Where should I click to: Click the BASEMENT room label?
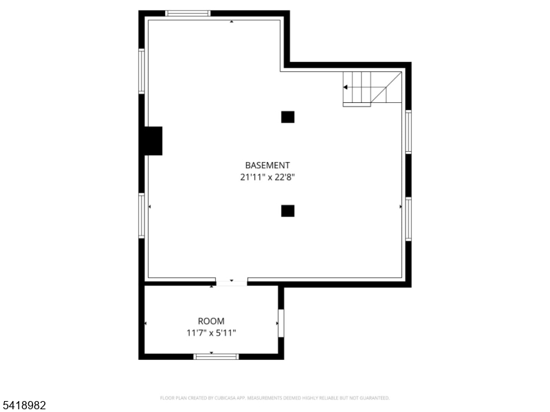pos(267,165)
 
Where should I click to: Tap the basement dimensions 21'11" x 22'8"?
pos(267,176)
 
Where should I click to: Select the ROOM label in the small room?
pos(211,321)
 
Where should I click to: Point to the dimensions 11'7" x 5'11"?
pos(211,332)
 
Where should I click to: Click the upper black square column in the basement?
pos(287,117)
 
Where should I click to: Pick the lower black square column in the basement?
pos(287,211)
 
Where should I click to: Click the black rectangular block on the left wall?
pos(152,141)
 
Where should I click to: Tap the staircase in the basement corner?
pos(372,89)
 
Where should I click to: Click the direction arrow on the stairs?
pos(346,87)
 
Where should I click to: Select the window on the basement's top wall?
pos(188,13)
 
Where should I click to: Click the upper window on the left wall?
pos(142,71)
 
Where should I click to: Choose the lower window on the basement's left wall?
pos(142,216)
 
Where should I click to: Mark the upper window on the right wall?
pos(408,132)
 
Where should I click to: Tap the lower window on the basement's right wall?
pos(408,219)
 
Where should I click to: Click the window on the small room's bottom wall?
pos(216,356)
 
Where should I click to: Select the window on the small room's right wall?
pos(280,323)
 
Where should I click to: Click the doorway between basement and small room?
pos(231,282)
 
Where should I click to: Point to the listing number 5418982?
pos(23,406)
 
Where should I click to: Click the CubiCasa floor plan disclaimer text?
pos(275,398)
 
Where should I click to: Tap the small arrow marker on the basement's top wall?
pos(231,22)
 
